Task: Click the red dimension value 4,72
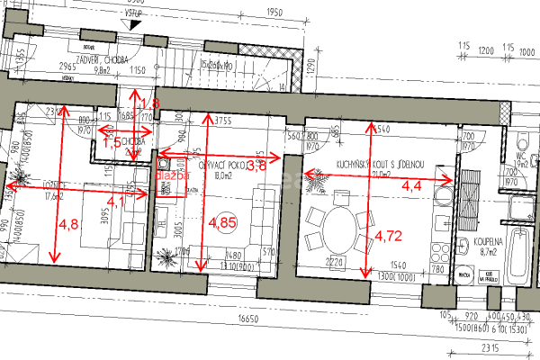(x=388, y=237)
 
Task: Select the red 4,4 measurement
(x=410, y=186)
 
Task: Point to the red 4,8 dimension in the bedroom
(x=68, y=222)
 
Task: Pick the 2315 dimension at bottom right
(x=490, y=348)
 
